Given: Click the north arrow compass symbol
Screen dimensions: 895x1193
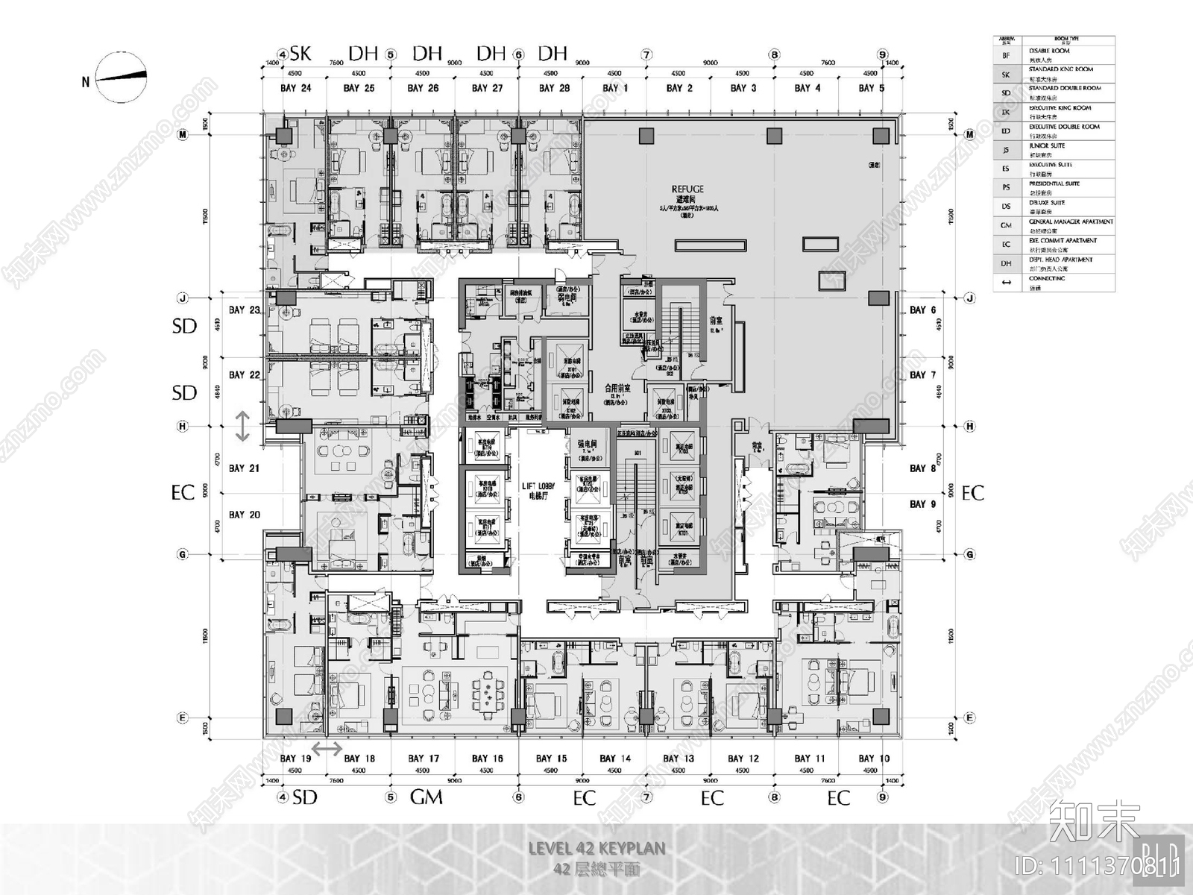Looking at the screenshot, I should pyautogui.click(x=121, y=78).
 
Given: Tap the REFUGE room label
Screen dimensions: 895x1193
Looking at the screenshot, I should pyautogui.click(x=687, y=190).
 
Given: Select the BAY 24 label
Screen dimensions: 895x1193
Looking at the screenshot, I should pyautogui.click(x=295, y=88).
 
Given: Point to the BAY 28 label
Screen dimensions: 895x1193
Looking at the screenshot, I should pyautogui.click(x=554, y=88).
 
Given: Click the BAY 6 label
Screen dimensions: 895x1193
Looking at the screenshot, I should pyautogui.click(x=922, y=310).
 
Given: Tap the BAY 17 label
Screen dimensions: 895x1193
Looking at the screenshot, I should pyautogui.click(x=424, y=759).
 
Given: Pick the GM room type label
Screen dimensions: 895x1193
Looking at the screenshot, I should pyautogui.click(x=426, y=797).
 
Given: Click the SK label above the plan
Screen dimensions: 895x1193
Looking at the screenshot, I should pyautogui.click(x=300, y=53).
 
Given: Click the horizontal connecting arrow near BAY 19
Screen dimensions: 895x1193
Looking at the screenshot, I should pyautogui.click(x=327, y=748).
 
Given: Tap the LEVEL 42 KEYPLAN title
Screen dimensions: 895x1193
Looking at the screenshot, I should pyautogui.click(x=596, y=848).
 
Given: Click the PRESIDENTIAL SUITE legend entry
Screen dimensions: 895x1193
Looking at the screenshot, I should pyautogui.click(x=1054, y=183).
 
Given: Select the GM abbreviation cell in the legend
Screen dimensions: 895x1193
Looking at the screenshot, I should pyautogui.click(x=1006, y=225).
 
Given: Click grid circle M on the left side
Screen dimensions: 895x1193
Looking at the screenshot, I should pyautogui.click(x=181, y=135).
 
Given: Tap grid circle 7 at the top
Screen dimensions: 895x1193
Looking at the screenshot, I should pyautogui.click(x=646, y=54).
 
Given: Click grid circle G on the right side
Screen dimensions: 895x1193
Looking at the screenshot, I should pyautogui.click(x=970, y=554).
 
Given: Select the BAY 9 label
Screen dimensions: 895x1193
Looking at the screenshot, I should pyautogui.click(x=922, y=504).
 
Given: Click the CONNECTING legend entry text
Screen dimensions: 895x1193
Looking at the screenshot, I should pyautogui.click(x=1047, y=278).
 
